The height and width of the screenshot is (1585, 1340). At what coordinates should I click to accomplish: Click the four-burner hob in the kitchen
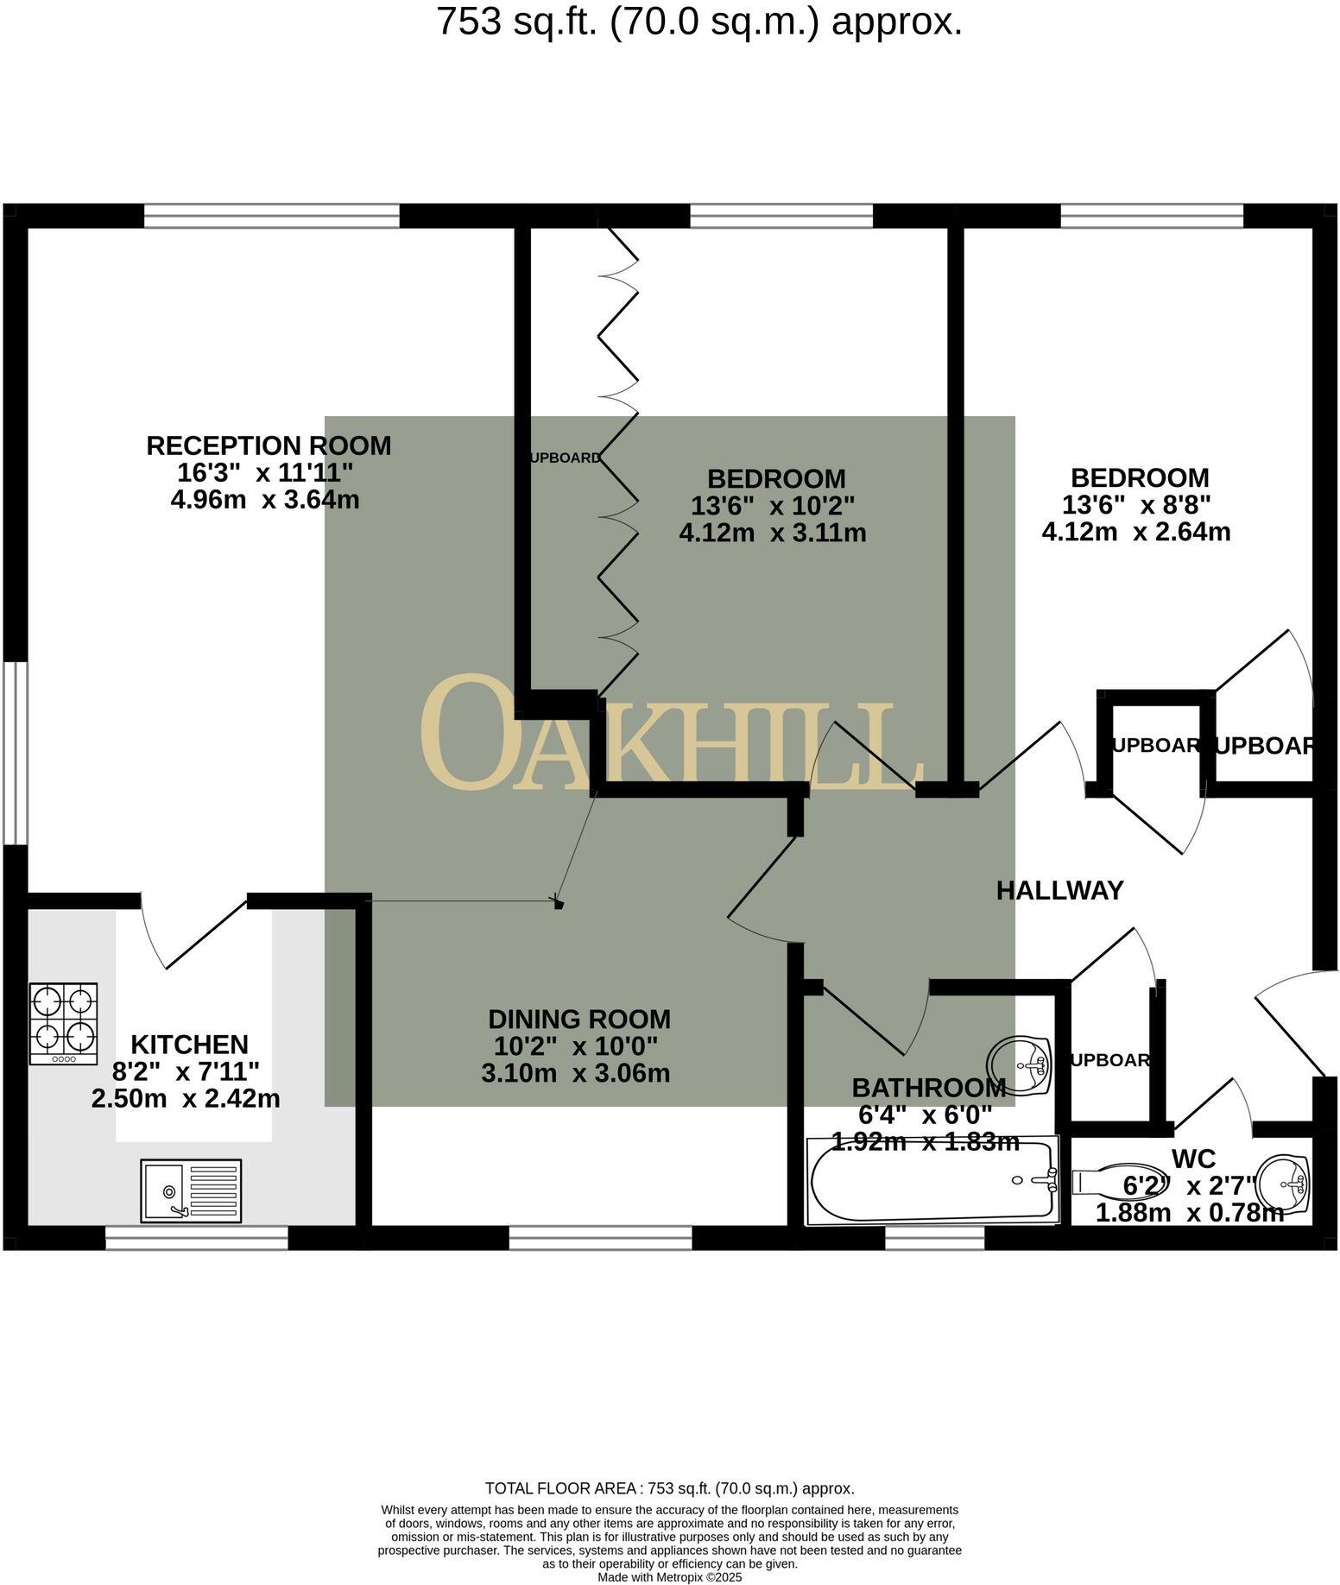[x=64, y=1024]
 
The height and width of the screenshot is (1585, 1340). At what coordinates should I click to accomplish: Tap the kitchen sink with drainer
[x=191, y=1190]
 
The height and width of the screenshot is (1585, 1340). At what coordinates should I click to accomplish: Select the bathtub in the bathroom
[x=932, y=1180]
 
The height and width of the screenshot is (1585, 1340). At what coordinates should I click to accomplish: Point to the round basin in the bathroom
[x=1018, y=1064]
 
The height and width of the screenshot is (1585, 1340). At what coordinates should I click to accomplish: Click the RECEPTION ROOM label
[x=269, y=446]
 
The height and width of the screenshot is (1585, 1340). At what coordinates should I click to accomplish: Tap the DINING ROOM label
[x=578, y=1020]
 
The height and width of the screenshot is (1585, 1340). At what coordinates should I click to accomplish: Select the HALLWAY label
[x=1059, y=890]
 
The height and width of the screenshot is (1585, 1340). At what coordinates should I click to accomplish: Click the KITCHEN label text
[x=189, y=1045]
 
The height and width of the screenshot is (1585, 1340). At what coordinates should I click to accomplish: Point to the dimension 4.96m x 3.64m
[x=265, y=500]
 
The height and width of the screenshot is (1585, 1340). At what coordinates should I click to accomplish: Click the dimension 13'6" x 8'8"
[x=1139, y=505]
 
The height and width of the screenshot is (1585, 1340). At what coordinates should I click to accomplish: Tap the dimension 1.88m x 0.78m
[x=1189, y=1213]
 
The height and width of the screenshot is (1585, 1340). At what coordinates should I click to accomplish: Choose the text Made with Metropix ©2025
[x=669, y=1577]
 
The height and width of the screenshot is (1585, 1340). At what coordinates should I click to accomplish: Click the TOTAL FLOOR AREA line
[x=669, y=1488]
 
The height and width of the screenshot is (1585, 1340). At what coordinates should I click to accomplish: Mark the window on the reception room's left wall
[x=16, y=752]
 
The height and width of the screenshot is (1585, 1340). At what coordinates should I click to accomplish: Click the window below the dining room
[x=600, y=1239]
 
